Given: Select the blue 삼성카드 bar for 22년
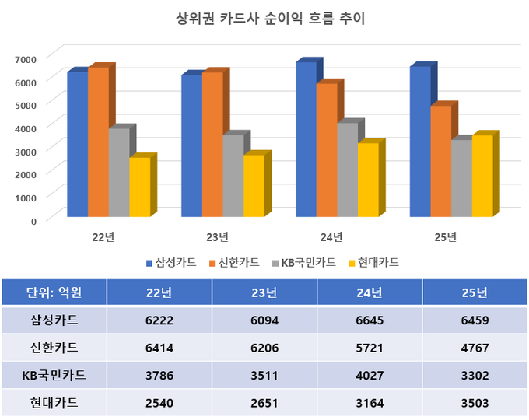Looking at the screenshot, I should tap(77, 144).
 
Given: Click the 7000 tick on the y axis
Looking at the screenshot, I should tap(26, 59).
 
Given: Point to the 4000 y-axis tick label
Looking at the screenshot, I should tap(26, 128).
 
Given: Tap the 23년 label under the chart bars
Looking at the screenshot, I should tap(218, 236).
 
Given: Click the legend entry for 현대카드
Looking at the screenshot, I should tap(373, 262).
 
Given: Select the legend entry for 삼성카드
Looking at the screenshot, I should tap(170, 262).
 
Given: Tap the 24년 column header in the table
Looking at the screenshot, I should tap(370, 292).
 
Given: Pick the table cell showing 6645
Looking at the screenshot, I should tap(370, 320).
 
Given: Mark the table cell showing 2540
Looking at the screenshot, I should tap(159, 403).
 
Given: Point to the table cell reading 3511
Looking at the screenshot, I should tap(264, 376).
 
